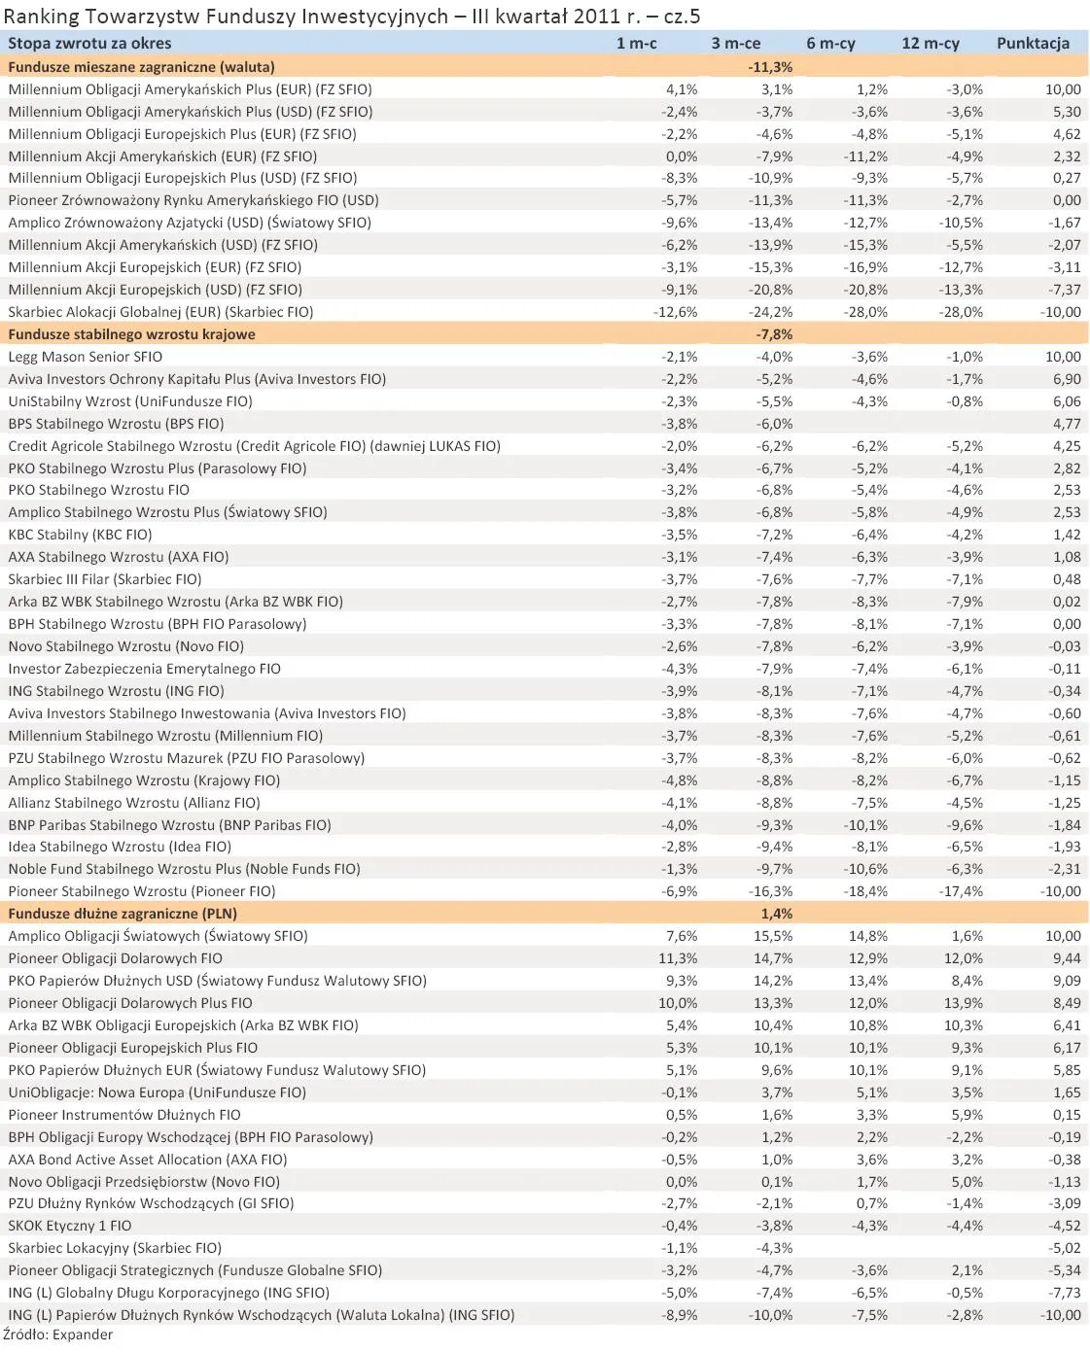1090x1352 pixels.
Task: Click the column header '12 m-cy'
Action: [x=930, y=43]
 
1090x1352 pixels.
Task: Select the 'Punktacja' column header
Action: [x=1033, y=43]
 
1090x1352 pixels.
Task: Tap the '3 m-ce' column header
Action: [x=735, y=43]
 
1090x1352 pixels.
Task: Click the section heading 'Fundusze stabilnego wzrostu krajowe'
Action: [x=131, y=334]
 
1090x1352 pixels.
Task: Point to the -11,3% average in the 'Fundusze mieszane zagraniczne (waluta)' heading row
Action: [x=770, y=67]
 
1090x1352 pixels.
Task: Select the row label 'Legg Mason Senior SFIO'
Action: [x=86, y=357]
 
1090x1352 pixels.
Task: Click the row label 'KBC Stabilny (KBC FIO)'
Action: [x=80, y=535]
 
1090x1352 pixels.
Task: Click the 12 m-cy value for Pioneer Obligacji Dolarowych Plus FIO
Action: [x=964, y=1003]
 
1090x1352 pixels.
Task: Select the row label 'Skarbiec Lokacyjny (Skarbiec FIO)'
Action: [x=115, y=1248]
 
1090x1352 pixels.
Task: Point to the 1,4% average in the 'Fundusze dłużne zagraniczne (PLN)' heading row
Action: [x=776, y=914]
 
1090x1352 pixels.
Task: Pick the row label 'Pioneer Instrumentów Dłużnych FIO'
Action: [x=124, y=1115]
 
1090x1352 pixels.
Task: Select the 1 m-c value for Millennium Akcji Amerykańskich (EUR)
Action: [x=680, y=156]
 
